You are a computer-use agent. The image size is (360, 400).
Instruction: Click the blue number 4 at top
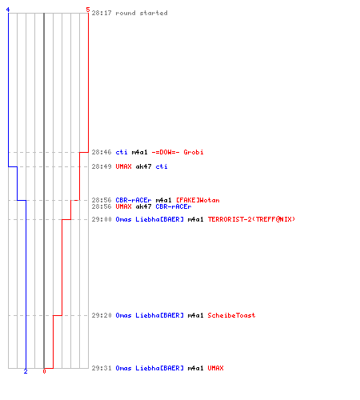pyautogui.click(x=8, y=10)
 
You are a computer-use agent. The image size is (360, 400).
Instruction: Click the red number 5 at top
pyautogui.click(x=88, y=10)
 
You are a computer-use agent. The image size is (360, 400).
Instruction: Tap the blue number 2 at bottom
pyautogui.click(x=26, y=371)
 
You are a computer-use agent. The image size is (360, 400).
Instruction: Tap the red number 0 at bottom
pyautogui.click(x=44, y=371)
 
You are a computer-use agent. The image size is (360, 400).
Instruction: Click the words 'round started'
pyautogui.click(x=142, y=13)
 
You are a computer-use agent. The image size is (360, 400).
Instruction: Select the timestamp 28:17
pyautogui.click(x=102, y=13)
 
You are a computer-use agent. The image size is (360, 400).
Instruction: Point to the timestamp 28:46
pyautogui.click(x=102, y=152)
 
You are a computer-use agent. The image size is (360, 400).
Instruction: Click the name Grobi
pyautogui.click(x=194, y=152)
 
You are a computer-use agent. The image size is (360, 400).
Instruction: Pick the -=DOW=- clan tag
pyautogui.click(x=166, y=152)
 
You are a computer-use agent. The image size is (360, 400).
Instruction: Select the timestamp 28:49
pyautogui.click(x=102, y=166)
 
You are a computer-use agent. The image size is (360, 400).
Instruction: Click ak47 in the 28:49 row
pyautogui.click(x=143, y=166)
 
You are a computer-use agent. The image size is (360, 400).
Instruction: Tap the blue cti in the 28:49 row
pyautogui.click(x=162, y=166)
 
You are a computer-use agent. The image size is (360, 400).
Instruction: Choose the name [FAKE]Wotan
pyautogui.click(x=198, y=200)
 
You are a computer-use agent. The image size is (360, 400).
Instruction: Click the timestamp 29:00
pyautogui.click(x=102, y=219)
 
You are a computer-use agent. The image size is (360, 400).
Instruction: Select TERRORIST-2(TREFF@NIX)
pyautogui.click(x=251, y=219)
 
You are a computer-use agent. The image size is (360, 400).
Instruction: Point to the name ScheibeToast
pyautogui.click(x=231, y=315)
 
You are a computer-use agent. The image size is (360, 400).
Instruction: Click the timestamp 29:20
pyautogui.click(x=102, y=315)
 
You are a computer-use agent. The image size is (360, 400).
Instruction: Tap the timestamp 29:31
pyautogui.click(x=102, y=368)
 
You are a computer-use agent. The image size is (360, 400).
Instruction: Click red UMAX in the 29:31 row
pyautogui.click(x=215, y=368)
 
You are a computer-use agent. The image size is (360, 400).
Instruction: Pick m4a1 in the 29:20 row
pyautogui.click(x=195, y=315)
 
